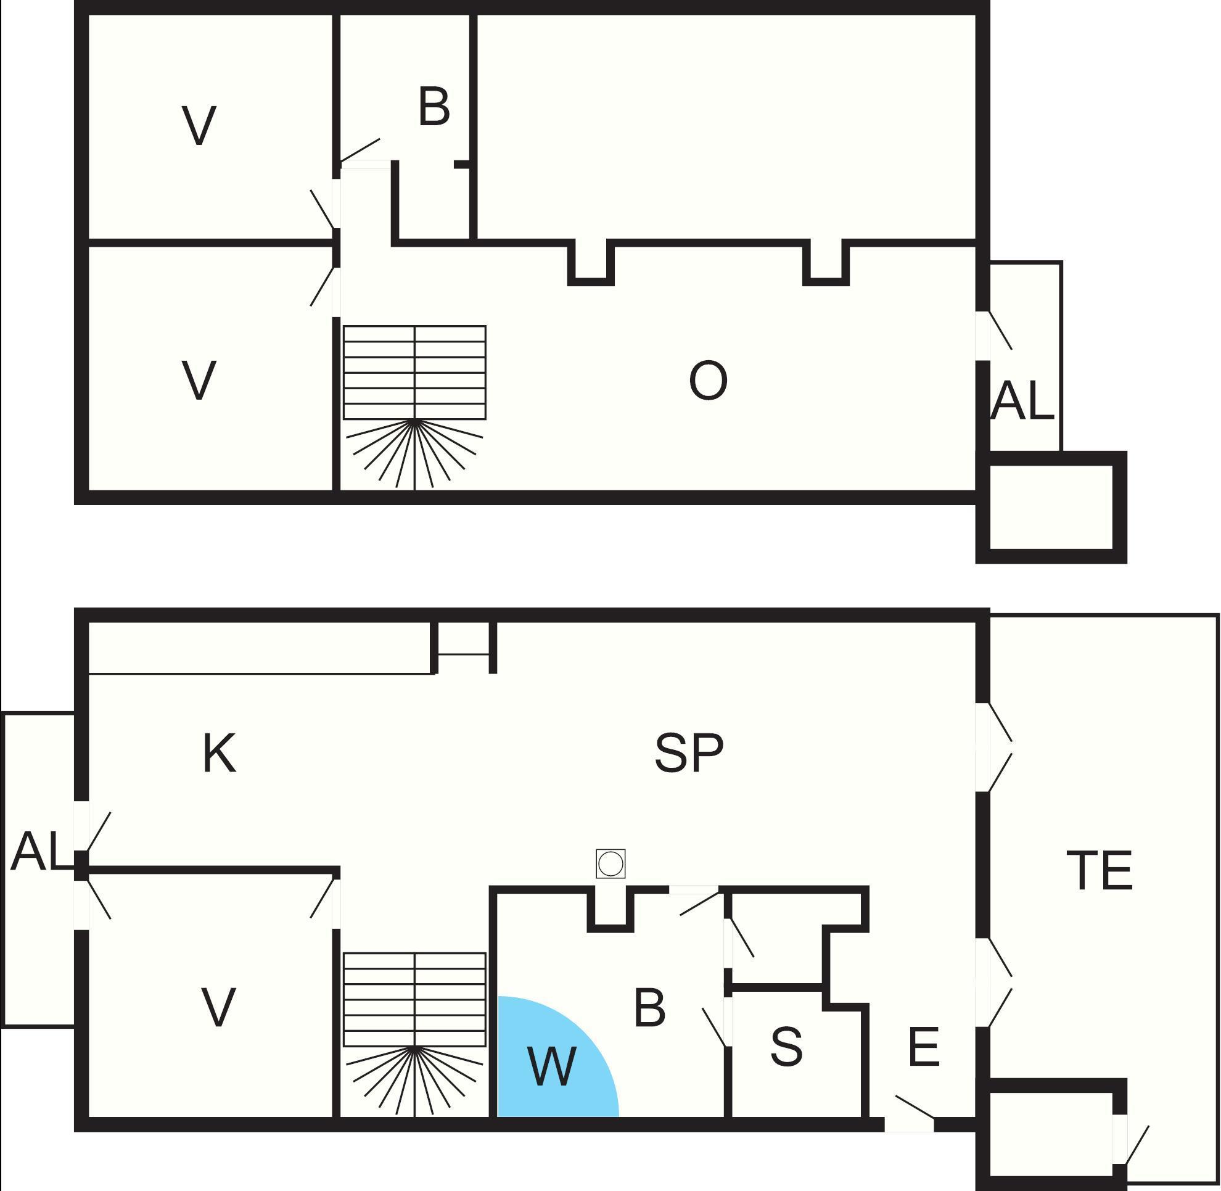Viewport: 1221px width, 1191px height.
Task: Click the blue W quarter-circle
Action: pyautogui.click(x=551, y=1063)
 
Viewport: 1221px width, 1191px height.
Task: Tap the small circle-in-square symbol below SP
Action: pyautogui.click(x=610, y=865)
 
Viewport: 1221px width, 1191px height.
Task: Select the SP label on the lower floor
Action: pyautogui.click(x=689, y=752)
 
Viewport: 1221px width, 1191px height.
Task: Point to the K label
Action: pyautogui.click(x=219, y=753)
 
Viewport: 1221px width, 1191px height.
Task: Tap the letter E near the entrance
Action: pyautogui.click(x=924, y=1047)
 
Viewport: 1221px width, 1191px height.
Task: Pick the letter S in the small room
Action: pyautogui.click(x=786, y=1047)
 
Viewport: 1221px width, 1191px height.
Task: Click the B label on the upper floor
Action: pyautogui.click(x=434, y=107)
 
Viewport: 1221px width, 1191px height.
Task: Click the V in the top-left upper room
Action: pyautogui.click(x=199, y=126)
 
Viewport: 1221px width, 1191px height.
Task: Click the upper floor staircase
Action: pyautogui.click(x=414, y=406)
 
